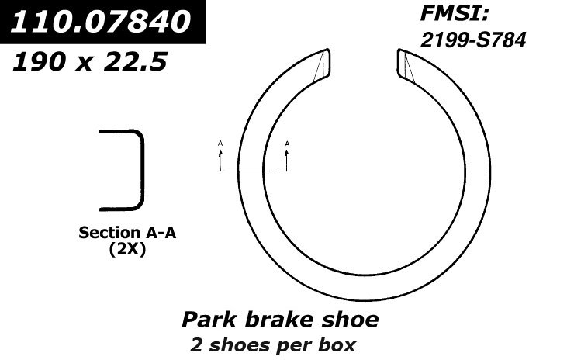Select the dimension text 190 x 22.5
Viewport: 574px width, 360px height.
click(x=89, y=61)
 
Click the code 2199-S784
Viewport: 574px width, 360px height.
click(x=473, y=40)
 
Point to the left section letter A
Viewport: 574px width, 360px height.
click(x=220, y=144)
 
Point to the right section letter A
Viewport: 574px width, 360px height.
click(x=287, y=144)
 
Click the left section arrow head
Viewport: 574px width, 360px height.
click(x=220, y=152)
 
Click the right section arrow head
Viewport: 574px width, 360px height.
click(x=287, y=152)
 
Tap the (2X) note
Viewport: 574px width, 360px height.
click(x=124, y=250)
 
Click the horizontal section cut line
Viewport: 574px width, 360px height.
click(x=254, y=170)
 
